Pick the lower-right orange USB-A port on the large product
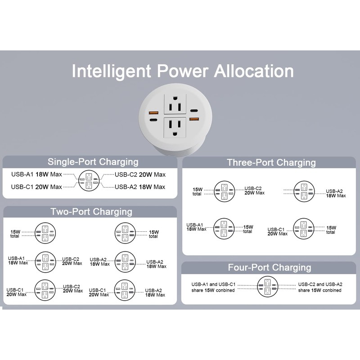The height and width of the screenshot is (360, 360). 194,119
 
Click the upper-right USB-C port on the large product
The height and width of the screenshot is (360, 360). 194,111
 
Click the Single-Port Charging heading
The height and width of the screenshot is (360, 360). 93,162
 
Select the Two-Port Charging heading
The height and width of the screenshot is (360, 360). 91,211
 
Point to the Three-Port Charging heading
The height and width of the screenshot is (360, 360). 271,162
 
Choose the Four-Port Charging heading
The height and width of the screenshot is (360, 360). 269,268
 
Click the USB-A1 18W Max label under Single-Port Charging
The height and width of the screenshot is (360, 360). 36,174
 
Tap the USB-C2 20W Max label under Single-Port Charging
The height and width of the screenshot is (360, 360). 140,175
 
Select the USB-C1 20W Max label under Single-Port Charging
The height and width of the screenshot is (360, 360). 36,186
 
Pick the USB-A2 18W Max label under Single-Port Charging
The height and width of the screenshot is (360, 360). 140,187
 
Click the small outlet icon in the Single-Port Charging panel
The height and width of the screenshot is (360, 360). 89,180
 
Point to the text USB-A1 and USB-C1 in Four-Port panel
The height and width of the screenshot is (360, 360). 213,285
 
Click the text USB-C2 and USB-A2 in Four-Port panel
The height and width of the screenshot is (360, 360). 320,284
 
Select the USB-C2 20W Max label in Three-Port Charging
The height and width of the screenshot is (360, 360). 254,190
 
